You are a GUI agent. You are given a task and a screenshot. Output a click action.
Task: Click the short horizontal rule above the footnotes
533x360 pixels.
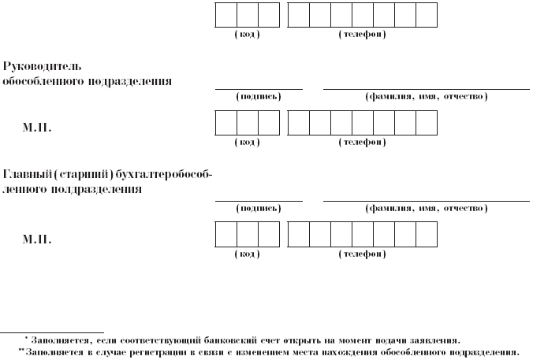tap(52, 331)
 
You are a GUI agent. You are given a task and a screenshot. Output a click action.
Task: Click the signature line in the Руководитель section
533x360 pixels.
tap(259, 89)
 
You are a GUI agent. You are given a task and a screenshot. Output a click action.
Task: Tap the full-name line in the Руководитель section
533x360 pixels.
tap(426, 89)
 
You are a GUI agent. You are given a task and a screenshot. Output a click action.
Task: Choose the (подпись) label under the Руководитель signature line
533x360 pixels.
tap(259, 97)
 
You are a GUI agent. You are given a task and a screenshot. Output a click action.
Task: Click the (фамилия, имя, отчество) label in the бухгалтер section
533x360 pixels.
tap(426, 209)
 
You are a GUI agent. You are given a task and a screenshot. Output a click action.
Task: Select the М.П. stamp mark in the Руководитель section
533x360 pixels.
tap(38, 125)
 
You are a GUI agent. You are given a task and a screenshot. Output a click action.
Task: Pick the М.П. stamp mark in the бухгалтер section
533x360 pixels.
tap(38, 237)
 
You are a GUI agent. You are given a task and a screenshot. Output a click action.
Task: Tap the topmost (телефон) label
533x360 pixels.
tap(362, 35)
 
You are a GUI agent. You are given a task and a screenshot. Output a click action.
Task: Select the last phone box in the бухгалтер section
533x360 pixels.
tap(427, 236)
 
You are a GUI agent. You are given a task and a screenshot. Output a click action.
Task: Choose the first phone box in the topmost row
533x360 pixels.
tap(299, 15)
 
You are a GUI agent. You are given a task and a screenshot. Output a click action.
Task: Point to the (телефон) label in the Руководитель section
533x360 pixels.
tap(362, 143)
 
